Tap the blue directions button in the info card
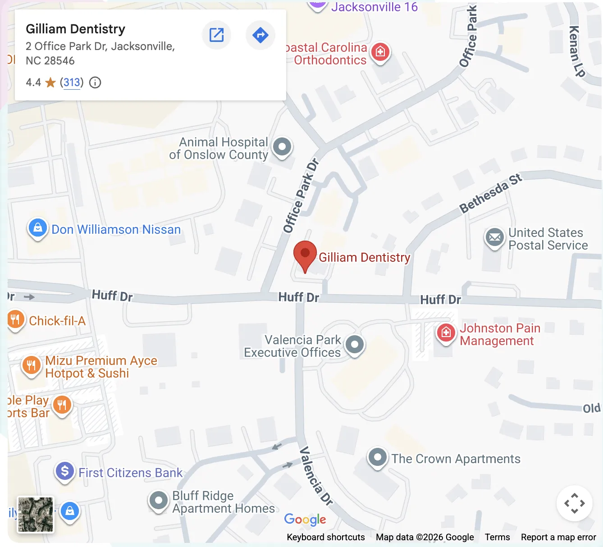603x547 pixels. pos(260,35)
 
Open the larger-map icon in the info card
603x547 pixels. pos(217,35)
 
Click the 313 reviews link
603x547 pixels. pos(72,82)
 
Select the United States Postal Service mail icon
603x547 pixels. pos(495,237)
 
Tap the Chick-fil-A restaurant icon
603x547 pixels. pos(15,320)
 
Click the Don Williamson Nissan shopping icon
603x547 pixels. pos(38,228)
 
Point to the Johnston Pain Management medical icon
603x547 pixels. pos(446,333)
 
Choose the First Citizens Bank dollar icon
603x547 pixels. pos(65,471)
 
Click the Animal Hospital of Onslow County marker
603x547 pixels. pos(283,146)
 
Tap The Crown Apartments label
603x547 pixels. pos(456,459)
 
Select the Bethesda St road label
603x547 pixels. pos(490,193)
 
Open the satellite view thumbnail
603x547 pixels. pos(36,515)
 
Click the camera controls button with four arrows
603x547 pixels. pos(574,503)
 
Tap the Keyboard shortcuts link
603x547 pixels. pos(326,537)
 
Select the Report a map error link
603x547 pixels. pos(558,537)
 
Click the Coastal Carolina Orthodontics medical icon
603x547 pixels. pos(380,52)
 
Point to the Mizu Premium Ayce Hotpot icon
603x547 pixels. pos(31,365)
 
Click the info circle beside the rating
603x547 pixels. pos(95,82)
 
